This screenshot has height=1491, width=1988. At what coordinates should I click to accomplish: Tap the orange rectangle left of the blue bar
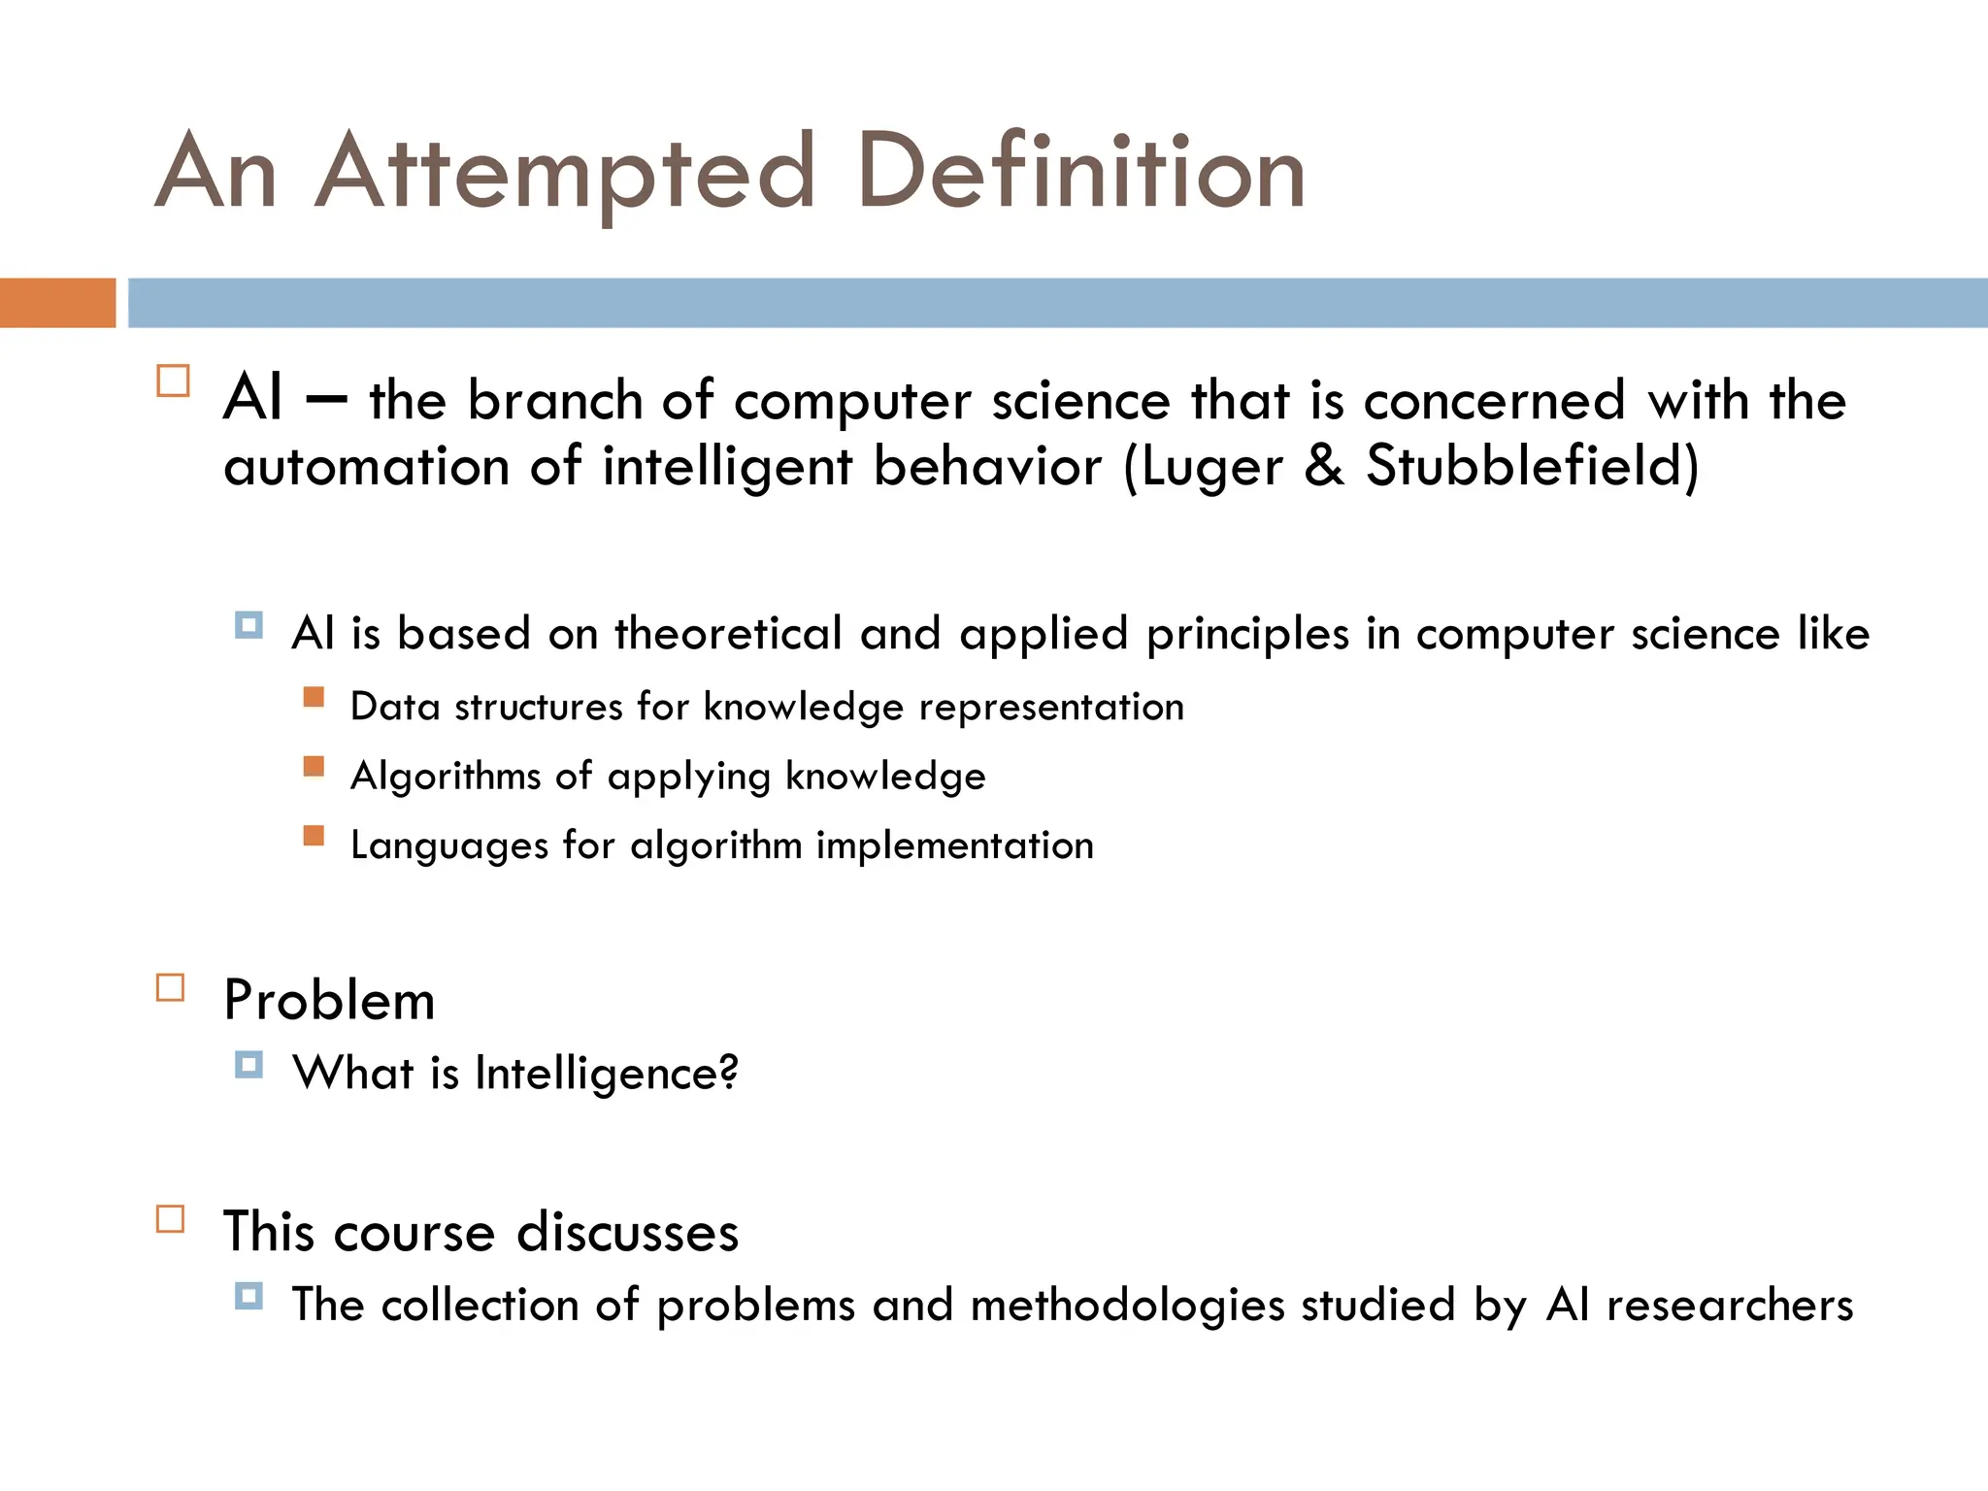(57, 303)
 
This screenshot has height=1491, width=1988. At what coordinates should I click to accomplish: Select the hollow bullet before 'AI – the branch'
(173, 381)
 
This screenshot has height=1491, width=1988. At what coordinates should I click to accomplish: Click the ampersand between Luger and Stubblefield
(1324, 466)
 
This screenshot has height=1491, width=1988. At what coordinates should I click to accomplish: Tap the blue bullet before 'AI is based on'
(248, 625)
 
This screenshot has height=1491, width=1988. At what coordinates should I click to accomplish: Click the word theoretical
(728, 634)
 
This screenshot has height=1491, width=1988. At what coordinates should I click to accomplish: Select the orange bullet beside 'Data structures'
(314, 697)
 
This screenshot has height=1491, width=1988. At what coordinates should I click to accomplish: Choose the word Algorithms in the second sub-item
(446, 777)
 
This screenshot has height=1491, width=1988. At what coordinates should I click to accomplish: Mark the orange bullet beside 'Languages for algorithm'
(314, 836)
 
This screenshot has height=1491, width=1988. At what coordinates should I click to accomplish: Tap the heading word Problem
(329, 1001)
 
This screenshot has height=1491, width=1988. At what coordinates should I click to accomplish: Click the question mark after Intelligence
(728, 1072)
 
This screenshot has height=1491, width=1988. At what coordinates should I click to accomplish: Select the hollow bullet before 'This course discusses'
(171, 1219)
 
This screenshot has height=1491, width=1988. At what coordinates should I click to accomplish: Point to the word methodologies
(1127, 1306)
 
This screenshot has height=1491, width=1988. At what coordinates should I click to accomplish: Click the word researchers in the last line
(1729, 1306)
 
